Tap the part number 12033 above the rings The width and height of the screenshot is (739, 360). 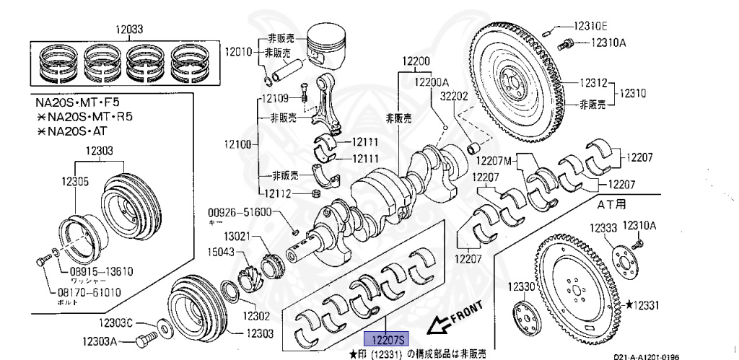[x=131, y=30]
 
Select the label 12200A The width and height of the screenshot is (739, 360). [x=432, y=82]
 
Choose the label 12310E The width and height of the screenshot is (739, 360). [x=590, y=25]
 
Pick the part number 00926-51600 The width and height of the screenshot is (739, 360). [x=240, y=212]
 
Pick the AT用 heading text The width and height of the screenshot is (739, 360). [x=611, y=204]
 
